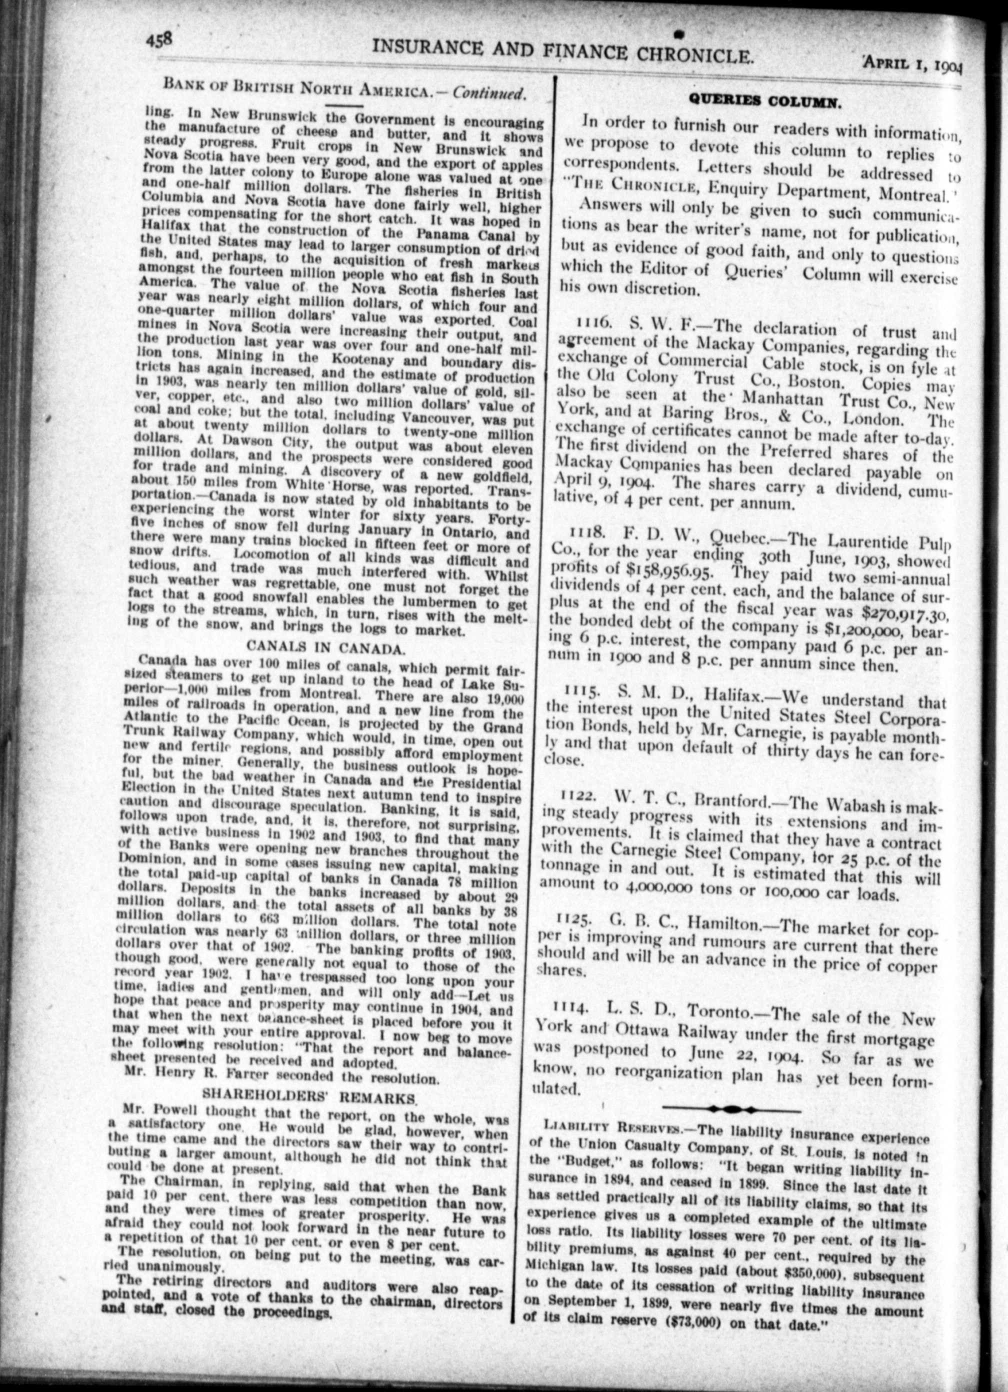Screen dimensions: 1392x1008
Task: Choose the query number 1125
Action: click(x=573, y=919)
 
